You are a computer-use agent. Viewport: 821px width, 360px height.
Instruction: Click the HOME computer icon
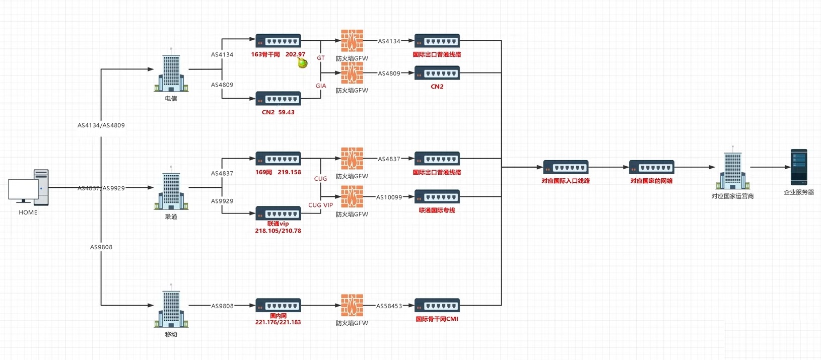coord(29,187)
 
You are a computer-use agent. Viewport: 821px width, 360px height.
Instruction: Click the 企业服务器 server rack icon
coord(799,167)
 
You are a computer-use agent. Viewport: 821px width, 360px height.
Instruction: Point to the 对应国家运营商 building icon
coord(733,169)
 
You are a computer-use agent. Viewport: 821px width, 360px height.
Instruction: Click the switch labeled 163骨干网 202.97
coord(278,41)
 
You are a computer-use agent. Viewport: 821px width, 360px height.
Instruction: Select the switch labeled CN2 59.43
coord(278,99)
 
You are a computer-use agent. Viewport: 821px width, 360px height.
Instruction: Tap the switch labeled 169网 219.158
coord(278,159)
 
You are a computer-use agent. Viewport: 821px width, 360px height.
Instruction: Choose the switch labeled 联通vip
coord(278,213)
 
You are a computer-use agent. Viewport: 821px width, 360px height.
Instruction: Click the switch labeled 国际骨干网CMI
coord(437,306)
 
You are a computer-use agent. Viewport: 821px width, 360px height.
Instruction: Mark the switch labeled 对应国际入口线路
coord(566,167)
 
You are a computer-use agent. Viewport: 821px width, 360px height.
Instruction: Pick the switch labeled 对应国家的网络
coord(651,167)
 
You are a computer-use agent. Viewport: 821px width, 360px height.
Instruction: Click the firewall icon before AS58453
coord(352,306)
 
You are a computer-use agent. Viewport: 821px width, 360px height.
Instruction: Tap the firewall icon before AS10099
coord(352,197)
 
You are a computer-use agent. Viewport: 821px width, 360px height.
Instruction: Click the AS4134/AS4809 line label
coord(101,125)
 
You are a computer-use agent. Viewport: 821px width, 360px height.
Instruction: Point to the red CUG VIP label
coord(320,205)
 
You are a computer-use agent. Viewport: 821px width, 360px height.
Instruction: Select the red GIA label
coord(321,86)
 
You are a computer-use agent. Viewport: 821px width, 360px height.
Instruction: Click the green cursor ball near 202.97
coord(302,63)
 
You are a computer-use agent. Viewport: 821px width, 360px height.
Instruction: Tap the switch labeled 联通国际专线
coord(437,197)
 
